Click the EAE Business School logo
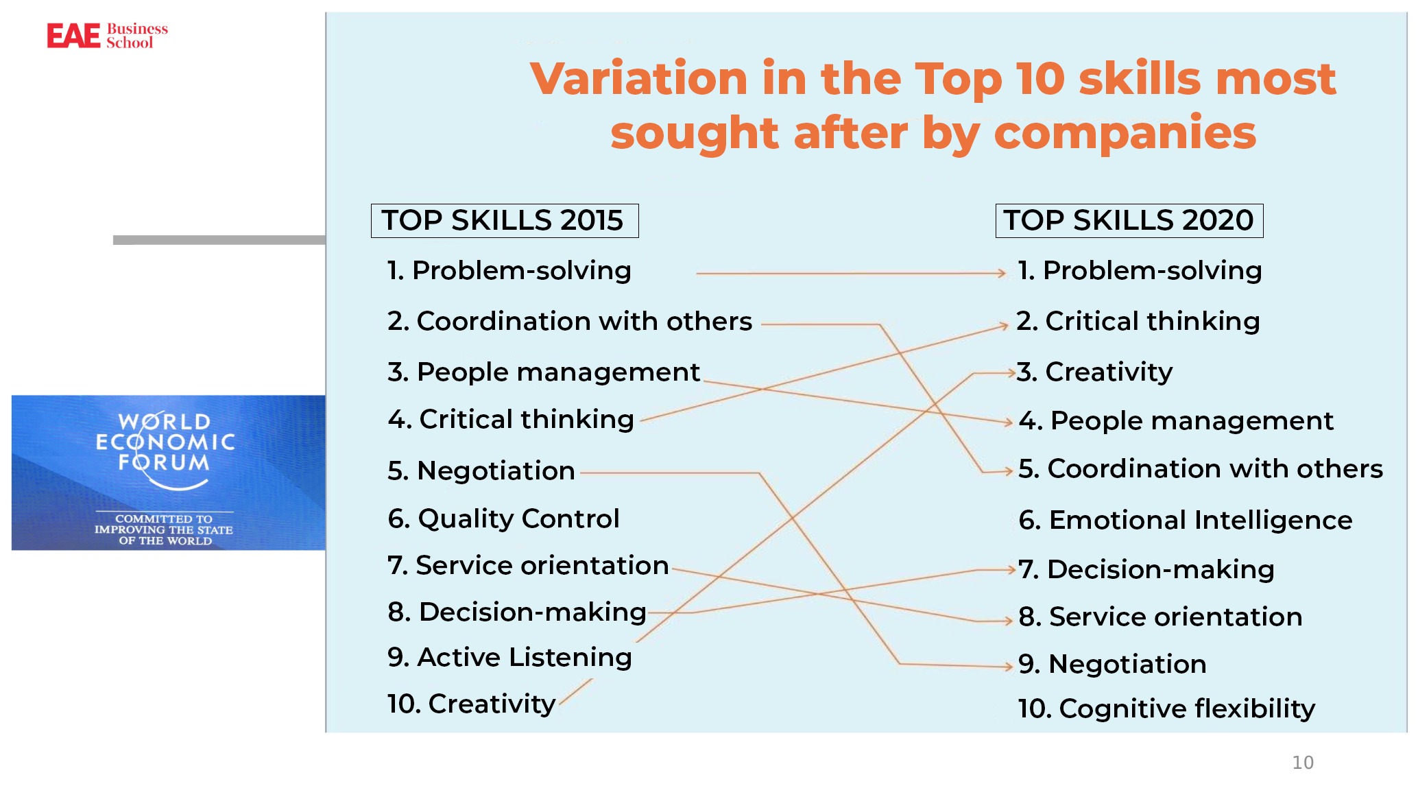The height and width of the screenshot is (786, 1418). (x=107, y=36)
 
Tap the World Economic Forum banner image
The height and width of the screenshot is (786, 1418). (x=169, y=473)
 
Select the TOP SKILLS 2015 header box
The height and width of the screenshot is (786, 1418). (x=505, y=221)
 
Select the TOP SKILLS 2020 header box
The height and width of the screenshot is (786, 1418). (x=1129, y=221)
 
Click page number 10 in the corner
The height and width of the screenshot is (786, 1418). (x=1303, y=763)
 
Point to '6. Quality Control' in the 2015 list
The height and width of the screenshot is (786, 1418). (x=503, y=519)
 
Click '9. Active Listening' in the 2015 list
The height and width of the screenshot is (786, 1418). (x=509, y=657)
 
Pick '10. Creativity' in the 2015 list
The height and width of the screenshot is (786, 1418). (x=472, y=704)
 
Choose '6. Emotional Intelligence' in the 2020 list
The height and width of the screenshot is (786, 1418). (x=1186, y=520)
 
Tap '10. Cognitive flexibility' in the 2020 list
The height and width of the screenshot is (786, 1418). (x=1166, y=708)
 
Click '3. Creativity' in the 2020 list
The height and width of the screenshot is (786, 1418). (x=1094, y=372)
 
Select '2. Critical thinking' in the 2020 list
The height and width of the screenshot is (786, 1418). (x=1138, y=321)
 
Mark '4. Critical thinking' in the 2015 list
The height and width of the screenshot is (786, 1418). (x=511, y=419)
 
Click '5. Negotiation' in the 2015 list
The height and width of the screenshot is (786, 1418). (x=481, y=471)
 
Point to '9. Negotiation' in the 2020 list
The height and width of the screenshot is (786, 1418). (x=1112, y=664)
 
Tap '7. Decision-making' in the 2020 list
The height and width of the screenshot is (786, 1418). (x=1146, y=569)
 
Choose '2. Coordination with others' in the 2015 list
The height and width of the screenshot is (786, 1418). (x=570, y=321)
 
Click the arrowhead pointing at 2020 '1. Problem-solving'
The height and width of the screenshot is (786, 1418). (x=1002, y=273)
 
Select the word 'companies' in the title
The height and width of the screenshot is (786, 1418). (x=1125, y=133)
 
